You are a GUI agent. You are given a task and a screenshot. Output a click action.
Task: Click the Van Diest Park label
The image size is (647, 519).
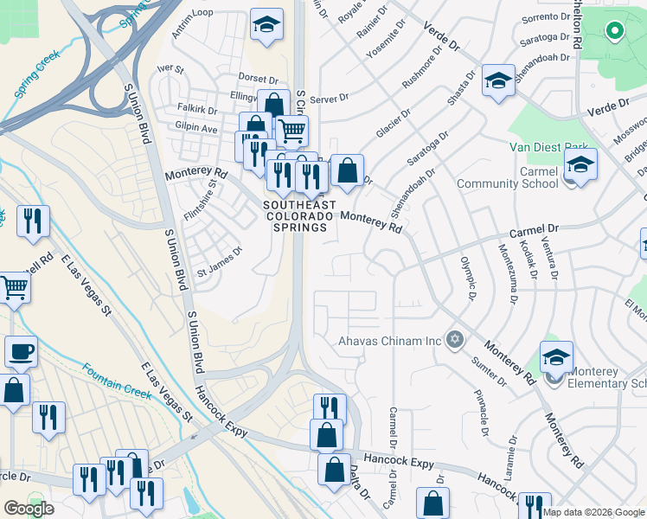pos(548,148)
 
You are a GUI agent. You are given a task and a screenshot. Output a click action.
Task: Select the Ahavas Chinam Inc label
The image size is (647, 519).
pos(389,341)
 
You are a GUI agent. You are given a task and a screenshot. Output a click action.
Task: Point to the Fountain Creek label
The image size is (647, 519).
pos(118,377)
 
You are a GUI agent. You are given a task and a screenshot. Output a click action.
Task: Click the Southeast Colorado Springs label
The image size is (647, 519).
pos(296,215)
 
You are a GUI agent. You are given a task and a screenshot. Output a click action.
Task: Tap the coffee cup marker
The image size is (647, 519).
pos(21,352)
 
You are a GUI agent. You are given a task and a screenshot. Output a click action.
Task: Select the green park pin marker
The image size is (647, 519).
pos(614,33)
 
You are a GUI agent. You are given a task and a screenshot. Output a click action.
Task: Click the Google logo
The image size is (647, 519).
pos(29,509)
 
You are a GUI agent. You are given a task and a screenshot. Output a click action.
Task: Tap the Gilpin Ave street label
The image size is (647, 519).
pos(196,128)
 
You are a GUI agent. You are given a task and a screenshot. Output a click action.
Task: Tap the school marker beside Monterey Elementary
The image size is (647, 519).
pos(556,356)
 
